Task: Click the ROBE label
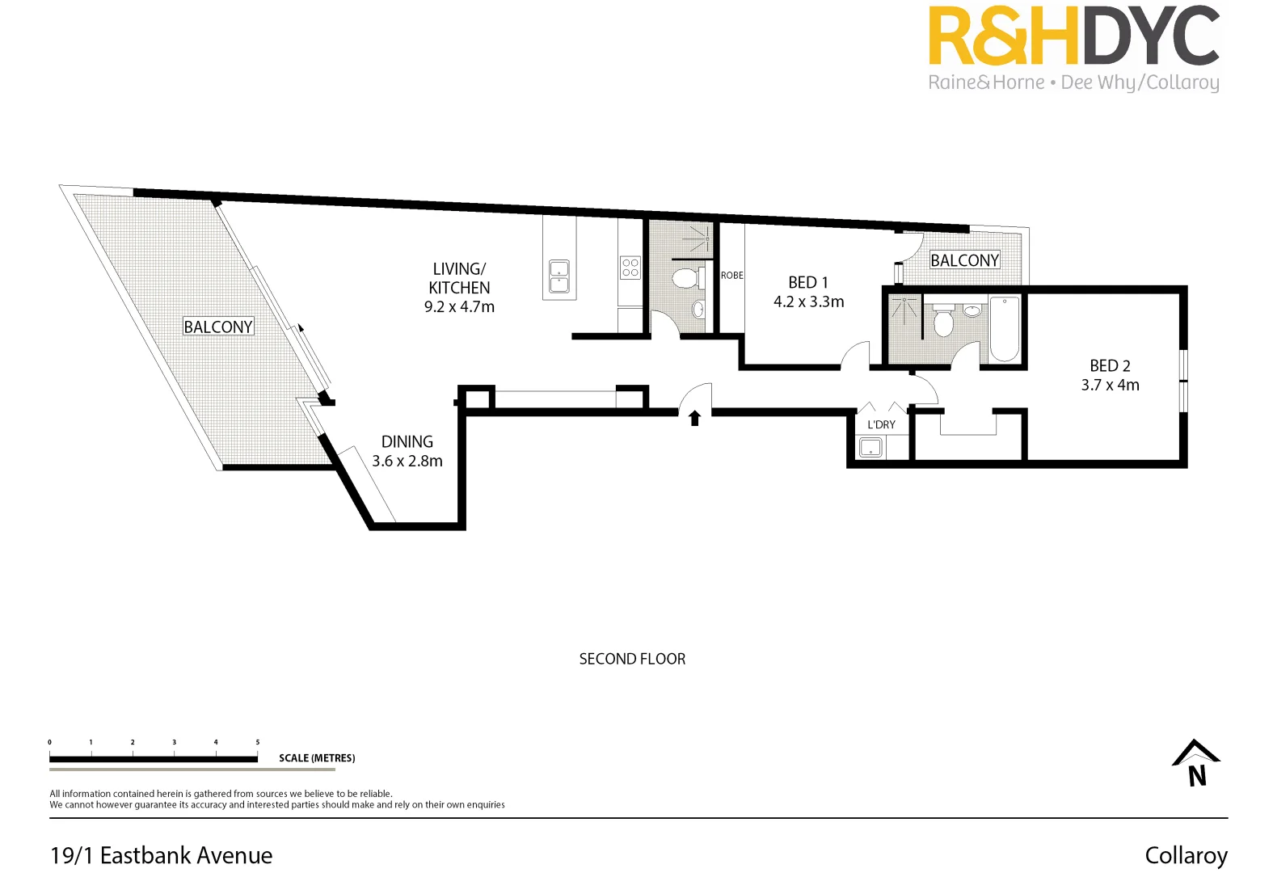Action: click(732, 276)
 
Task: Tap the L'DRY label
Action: click(881, 424)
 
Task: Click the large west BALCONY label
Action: click(218, 327)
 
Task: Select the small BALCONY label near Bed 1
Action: click(964, 260)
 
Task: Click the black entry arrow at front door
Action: click(694, 417)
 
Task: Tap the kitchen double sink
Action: click(559, 276)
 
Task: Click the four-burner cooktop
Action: click(630, 268)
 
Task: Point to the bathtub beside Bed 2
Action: click(1005, 329)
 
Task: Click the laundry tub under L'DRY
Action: click(870, 447)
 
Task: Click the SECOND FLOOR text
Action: click(632, 659)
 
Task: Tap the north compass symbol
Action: click(1196, 763)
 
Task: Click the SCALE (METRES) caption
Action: click(317, 758)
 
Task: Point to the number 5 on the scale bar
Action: click(258, 742)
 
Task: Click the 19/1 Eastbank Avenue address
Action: click(162, 855)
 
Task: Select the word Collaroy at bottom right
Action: click(1186, 855)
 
